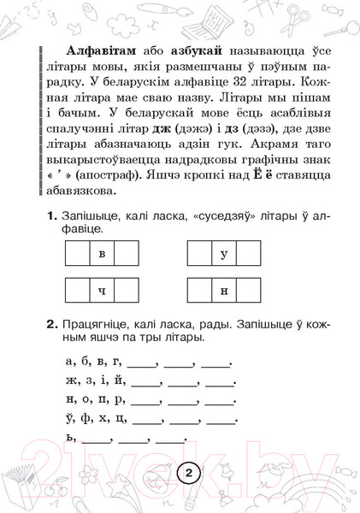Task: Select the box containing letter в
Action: (x=102, y=255)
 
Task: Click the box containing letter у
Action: (x=223, y=255)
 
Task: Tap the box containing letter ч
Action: (x=102, y=291)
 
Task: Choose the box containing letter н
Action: (x=223, y=291)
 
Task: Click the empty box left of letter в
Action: (x=77, y=255)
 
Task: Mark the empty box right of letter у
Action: (x=248, y=255)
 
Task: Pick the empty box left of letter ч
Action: (x=77, y=291)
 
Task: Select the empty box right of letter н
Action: (x=248, y=291)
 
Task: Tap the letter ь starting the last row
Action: (x=68, y=438)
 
